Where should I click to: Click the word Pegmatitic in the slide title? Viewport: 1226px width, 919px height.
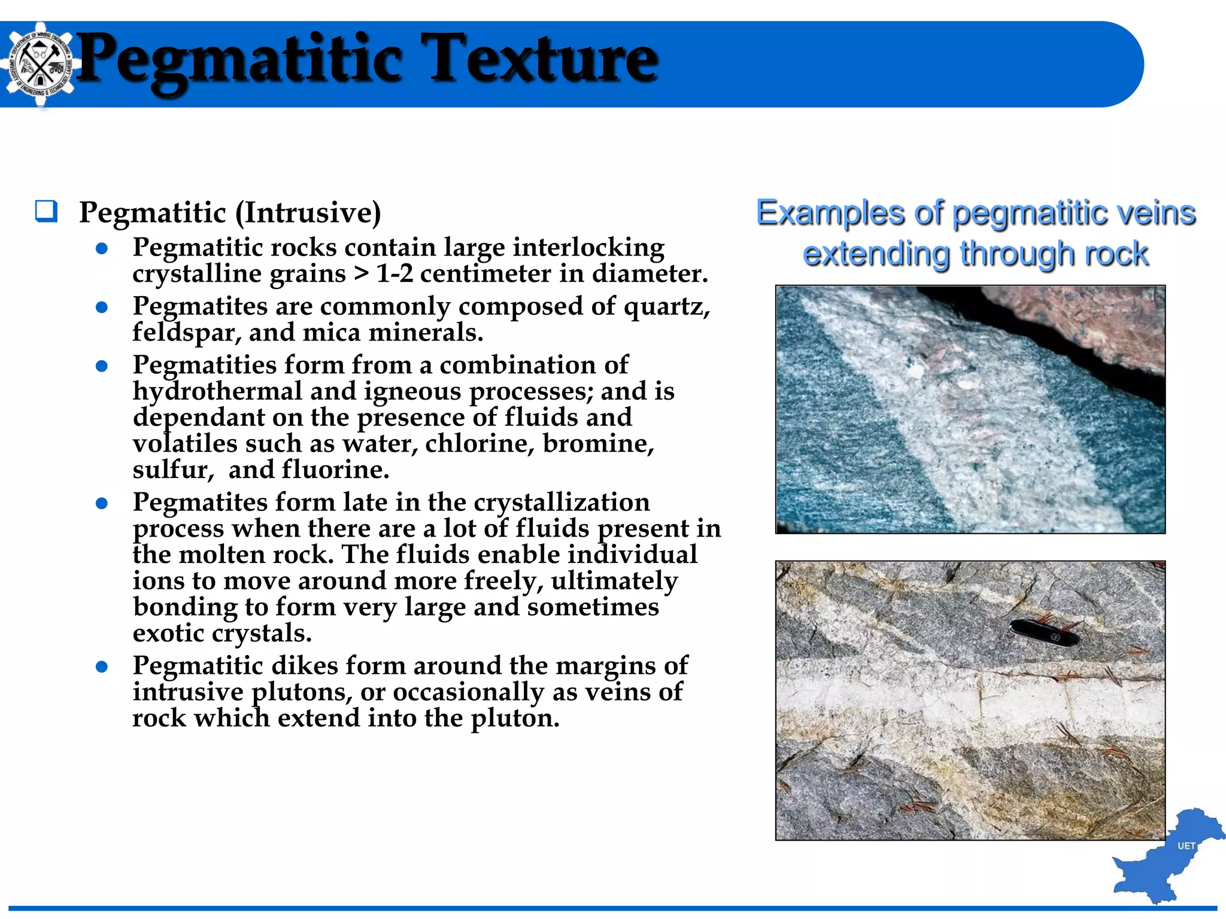[239, 60]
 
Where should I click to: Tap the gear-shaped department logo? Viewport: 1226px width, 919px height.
[39, 64]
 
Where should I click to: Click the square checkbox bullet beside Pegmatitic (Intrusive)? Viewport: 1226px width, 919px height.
[46, 212]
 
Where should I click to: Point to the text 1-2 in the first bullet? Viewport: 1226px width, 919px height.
[394, 274]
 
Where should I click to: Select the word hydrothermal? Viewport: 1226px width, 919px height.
[217, 391]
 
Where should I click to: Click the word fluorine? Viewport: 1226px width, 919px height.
[335, 470]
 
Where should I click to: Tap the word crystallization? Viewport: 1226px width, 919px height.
[562, 502]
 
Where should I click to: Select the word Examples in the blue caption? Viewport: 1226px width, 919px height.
[830, 213]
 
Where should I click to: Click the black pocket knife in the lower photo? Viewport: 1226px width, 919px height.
[1045, 632]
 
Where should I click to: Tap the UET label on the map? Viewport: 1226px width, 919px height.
[1186, 846]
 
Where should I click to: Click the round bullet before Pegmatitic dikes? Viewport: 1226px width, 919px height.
[102, 667]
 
